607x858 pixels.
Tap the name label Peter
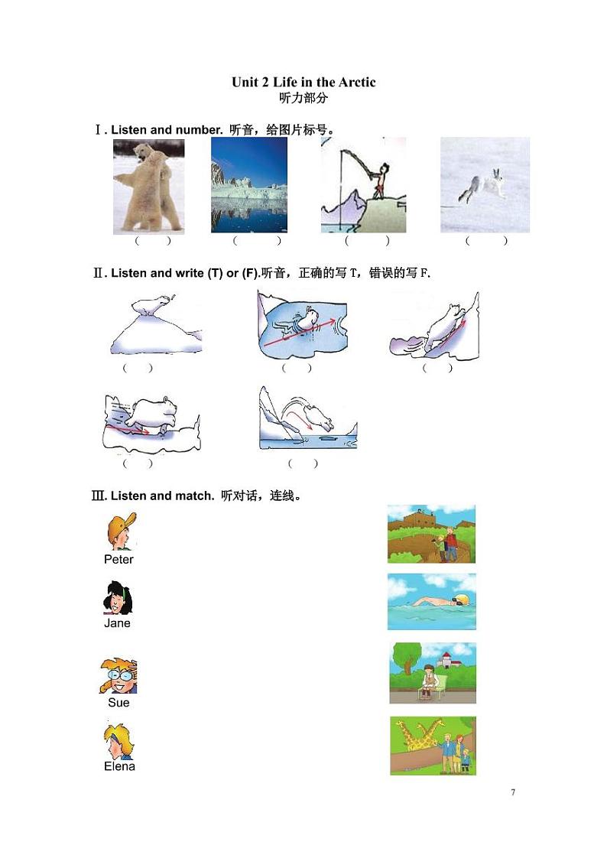tap(118, 559)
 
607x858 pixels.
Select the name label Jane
tap(117, 622)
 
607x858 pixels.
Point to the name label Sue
tap(118, 703)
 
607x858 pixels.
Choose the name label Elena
tap(119, 766)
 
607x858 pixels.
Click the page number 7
tap(513, 791)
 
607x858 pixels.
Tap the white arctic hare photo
tap(485, 185)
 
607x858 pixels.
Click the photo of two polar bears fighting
tap(149, 187)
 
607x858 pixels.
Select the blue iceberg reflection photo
tap(249, 185)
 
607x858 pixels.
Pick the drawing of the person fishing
tap(364, 185)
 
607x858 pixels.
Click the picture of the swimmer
tap(432, 601)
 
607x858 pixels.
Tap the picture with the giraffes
tap(433, 746)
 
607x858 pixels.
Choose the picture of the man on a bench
tap(433, 673)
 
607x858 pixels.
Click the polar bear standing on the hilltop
tap(153, 305)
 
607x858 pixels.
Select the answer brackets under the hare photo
tap(486, 241)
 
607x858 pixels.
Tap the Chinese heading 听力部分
tap(303, 98)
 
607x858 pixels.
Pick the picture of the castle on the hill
tap(431, 534)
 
